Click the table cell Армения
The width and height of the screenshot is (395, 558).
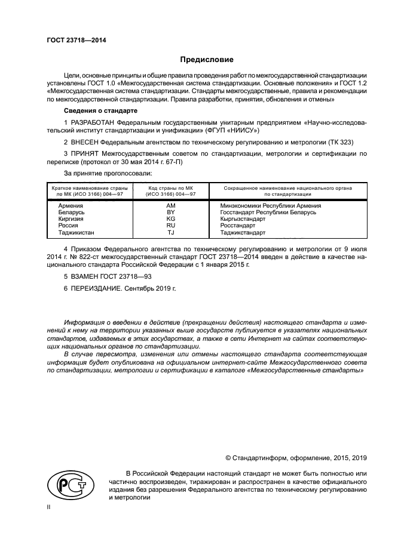click(71, 205)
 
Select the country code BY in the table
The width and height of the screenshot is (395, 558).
click(170, 212)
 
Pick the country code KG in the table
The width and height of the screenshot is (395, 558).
click(170, 219)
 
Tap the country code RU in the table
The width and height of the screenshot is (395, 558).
click(170, 226)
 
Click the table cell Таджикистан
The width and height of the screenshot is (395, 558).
click(76, 233)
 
